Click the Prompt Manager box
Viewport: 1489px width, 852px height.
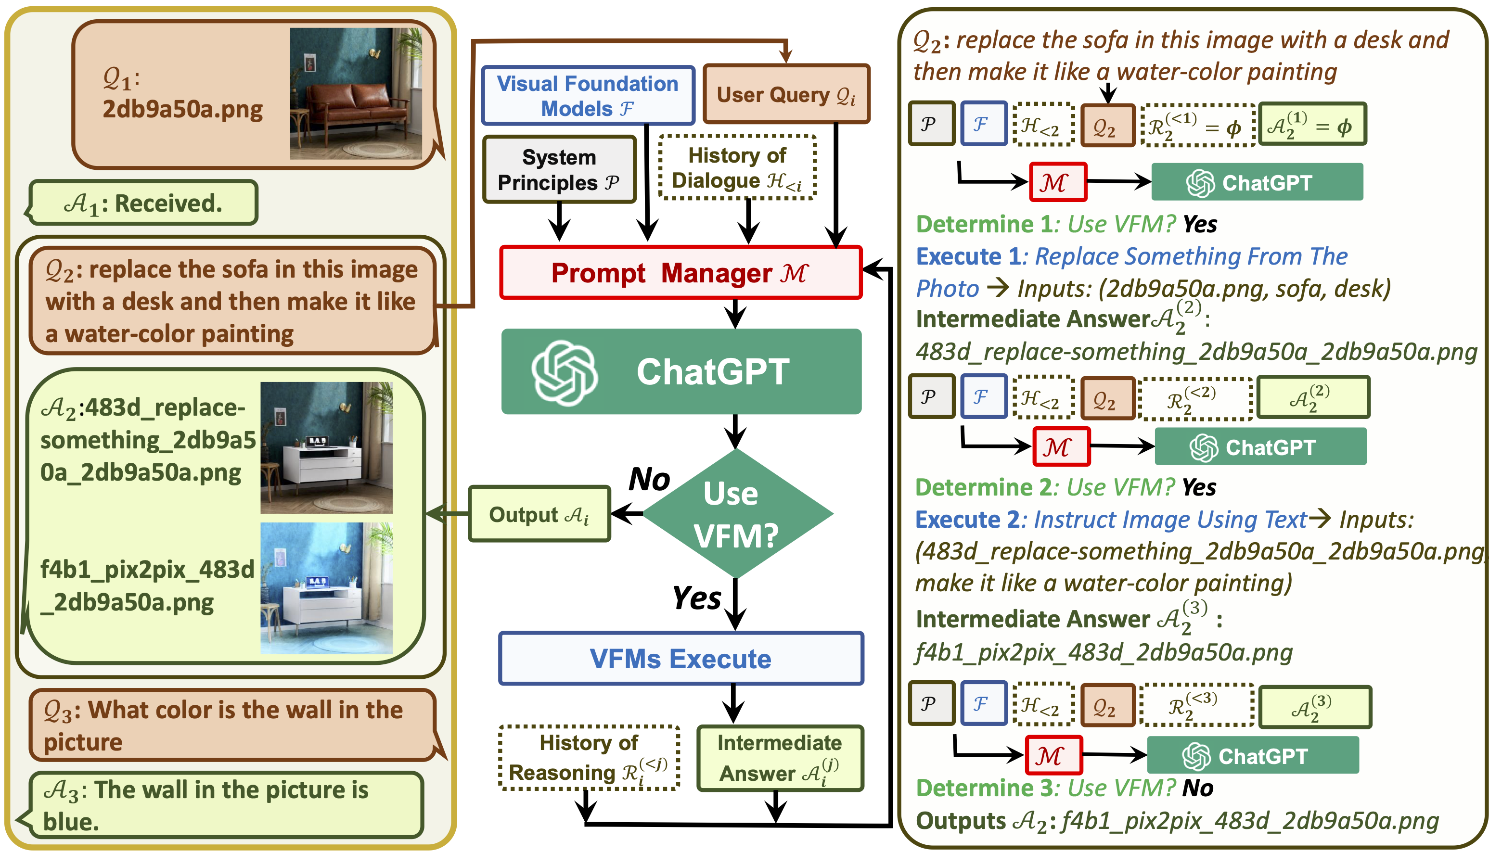680,273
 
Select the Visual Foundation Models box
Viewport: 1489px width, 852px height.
588,95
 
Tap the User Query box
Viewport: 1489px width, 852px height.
786,94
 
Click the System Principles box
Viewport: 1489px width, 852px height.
559,170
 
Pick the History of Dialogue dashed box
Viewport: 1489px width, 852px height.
737,168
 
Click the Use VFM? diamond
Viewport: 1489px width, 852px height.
736,514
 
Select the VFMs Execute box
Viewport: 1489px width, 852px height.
680,658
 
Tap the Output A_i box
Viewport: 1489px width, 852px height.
539,514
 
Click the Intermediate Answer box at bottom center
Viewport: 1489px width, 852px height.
780,758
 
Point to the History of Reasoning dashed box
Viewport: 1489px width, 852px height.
589,758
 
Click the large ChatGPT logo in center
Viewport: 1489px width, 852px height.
564,372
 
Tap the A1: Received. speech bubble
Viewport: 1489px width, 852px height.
143,203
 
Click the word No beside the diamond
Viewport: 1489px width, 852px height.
649,480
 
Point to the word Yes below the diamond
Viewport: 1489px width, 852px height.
696,598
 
